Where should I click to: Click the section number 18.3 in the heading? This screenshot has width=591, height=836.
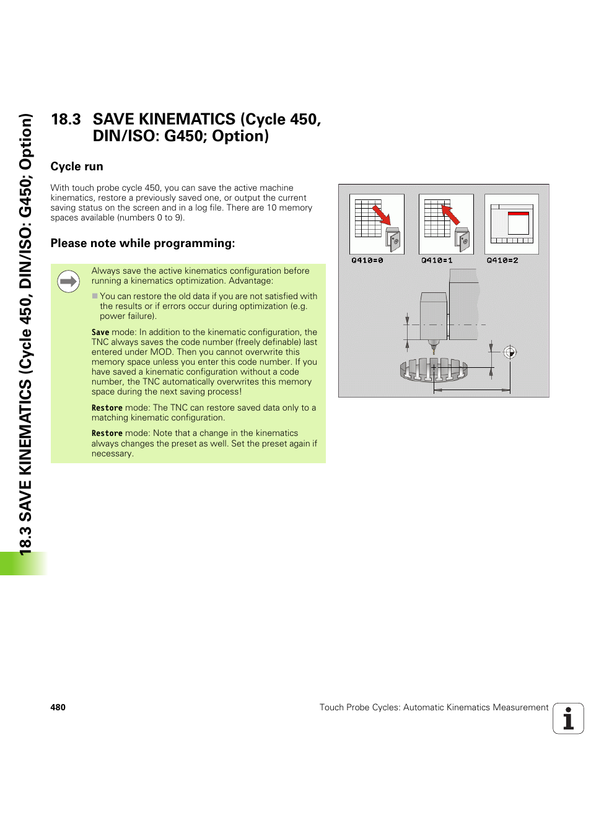(66, 120)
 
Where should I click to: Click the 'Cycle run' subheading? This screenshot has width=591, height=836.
(77, 167)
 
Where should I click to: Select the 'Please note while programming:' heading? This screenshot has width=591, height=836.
(142, 243)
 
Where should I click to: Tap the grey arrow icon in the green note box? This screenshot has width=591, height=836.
(68, 282)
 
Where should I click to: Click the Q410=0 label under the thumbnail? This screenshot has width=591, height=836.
(367, 261)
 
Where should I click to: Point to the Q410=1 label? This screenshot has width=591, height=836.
(437, 261)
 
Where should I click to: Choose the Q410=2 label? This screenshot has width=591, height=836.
(502, 261)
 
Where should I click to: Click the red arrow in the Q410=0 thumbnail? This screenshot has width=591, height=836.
(382, 215)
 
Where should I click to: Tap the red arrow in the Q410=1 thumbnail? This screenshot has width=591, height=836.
(450, 214)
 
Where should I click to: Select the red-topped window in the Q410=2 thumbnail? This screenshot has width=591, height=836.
(518, 223)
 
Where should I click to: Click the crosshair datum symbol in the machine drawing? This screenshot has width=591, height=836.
(510, 352)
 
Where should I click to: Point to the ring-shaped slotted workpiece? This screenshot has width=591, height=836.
(434, 370)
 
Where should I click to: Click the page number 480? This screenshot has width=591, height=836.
(58, 707)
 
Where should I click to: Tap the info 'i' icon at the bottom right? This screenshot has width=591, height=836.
(568, 719)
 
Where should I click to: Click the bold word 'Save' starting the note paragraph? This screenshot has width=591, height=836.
(100, 333)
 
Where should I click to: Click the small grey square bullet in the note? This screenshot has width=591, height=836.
(95, 296)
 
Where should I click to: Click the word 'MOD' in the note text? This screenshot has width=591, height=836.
(162, 352)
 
